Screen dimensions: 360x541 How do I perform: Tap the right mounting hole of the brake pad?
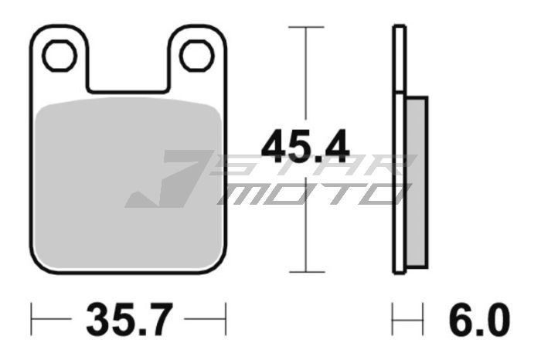point(196,55)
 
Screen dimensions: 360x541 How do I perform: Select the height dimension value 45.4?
point(305,146)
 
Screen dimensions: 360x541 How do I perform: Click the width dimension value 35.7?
point(129,318)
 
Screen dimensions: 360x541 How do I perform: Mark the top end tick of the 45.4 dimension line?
point(306,27)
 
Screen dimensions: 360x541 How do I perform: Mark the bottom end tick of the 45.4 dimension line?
point(306,272)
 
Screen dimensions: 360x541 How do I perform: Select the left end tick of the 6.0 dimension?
point(393,318)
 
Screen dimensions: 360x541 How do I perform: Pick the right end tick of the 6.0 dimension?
point(424,318)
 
